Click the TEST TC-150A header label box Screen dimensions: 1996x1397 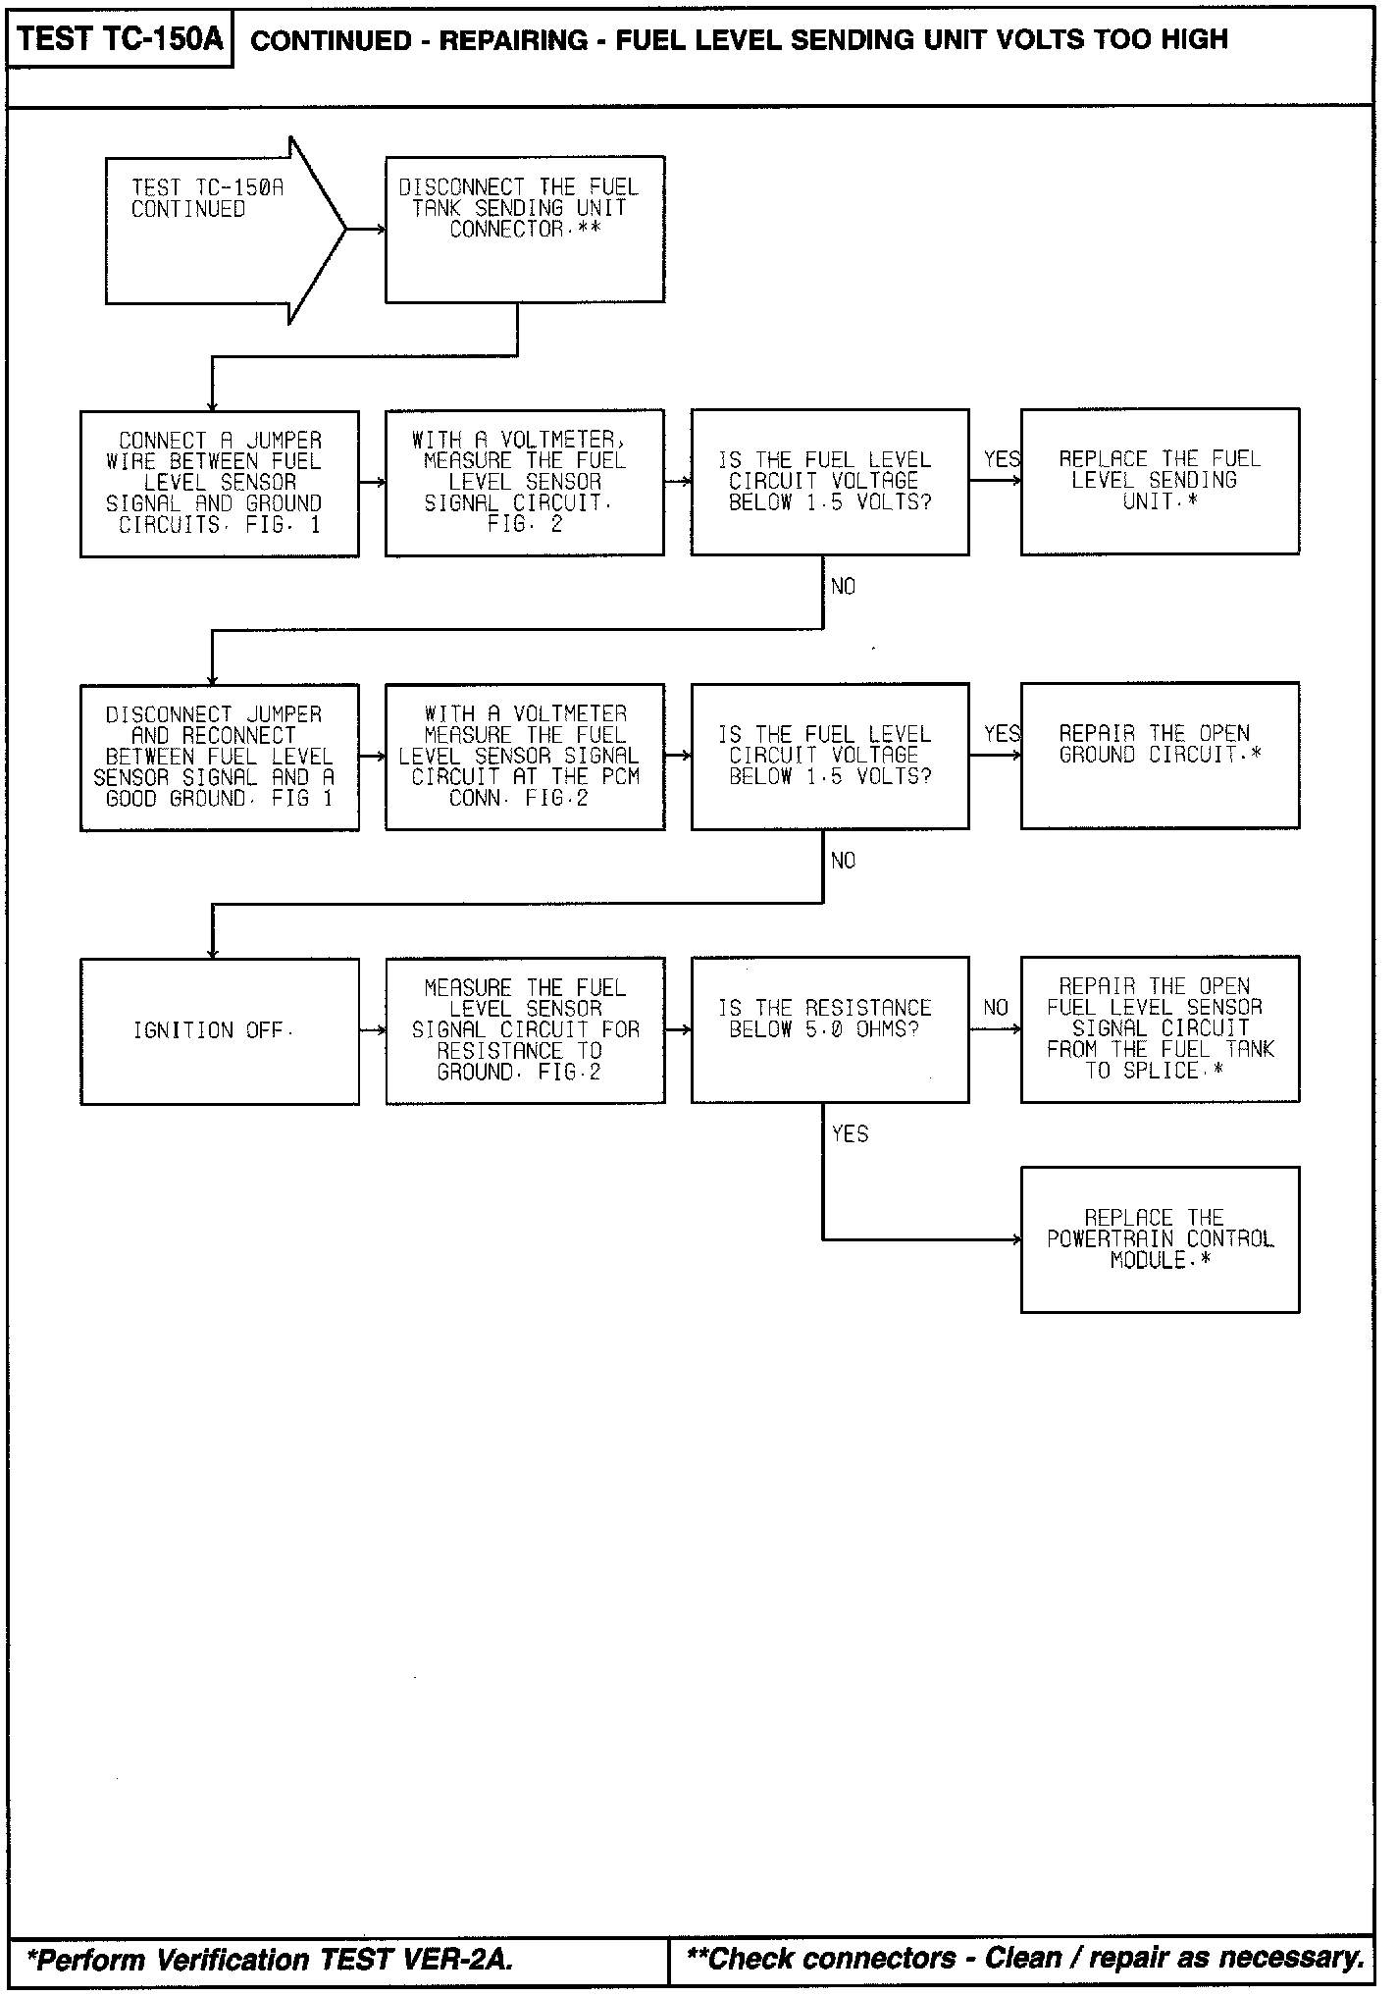tap(120, 39)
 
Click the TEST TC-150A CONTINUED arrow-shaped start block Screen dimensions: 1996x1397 tap(216, 229)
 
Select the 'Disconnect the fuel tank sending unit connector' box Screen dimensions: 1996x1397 tap(524, 229)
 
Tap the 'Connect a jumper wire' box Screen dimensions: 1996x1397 tap(219, 483)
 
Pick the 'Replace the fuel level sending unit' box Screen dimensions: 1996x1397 tap(1160, 481)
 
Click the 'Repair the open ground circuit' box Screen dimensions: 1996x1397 tap(1160, 755)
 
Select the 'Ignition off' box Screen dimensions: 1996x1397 tap(219, 1030)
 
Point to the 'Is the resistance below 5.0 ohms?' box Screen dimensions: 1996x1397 tap(829, 1028)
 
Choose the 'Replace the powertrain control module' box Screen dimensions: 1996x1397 tap(1160, 1238)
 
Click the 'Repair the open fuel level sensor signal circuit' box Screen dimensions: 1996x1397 tap(1160, 1028)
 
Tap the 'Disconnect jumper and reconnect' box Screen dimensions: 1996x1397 tap(219, 757)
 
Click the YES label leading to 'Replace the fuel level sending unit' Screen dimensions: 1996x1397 tap(1002, 459)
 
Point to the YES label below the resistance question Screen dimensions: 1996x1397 tap(850, 1134)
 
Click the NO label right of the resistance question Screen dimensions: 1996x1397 tap(996, 1008)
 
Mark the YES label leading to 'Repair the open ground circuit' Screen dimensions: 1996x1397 tap(1002, 734)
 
